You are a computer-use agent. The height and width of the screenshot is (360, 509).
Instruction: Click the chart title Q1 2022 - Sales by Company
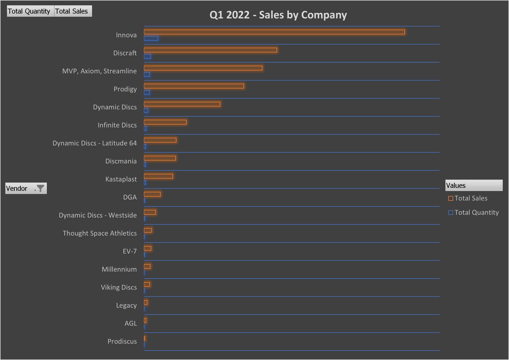pos(278,15)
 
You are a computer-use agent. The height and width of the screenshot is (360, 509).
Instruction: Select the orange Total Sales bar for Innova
pos(274,32)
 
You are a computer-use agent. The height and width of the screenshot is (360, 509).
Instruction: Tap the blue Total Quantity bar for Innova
pos(151,39)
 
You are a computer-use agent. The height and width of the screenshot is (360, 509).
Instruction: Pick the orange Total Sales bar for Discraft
pos(210,50)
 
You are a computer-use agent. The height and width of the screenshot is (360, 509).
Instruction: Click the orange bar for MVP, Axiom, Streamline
pos(203,68)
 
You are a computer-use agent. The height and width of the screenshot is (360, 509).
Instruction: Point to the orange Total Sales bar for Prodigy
pos(194,86)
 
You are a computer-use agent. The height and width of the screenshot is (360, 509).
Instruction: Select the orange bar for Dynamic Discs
pos(182,104)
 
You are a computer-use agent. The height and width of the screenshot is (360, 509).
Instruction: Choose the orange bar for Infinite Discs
pos(165,122)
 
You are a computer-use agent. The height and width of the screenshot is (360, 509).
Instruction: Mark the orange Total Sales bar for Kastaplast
pos(158,176)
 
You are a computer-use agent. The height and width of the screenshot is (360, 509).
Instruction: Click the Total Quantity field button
pos(29,11)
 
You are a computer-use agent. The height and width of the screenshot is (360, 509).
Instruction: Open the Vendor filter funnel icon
pos(40,188)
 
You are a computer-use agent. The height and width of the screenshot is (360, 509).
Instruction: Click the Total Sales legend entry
pos(471,198)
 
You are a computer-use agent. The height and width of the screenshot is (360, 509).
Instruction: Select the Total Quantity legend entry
pos(476,213)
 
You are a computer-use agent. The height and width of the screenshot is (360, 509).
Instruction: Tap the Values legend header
pos(473,186)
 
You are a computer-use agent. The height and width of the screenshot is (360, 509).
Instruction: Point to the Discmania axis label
pos(121,161)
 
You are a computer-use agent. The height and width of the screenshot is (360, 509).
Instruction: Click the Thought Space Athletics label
pos(100,233)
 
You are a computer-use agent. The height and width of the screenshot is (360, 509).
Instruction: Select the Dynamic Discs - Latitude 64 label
pos(94,143)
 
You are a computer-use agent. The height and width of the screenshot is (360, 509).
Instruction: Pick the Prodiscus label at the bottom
pos(122,342)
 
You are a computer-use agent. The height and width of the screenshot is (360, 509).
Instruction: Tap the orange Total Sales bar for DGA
pos(152,194)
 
